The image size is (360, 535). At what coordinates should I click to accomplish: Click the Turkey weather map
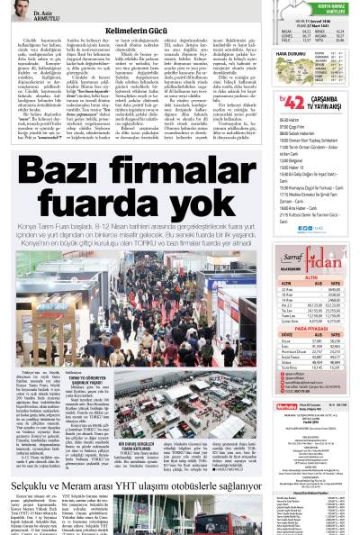[x=289, y=71]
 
